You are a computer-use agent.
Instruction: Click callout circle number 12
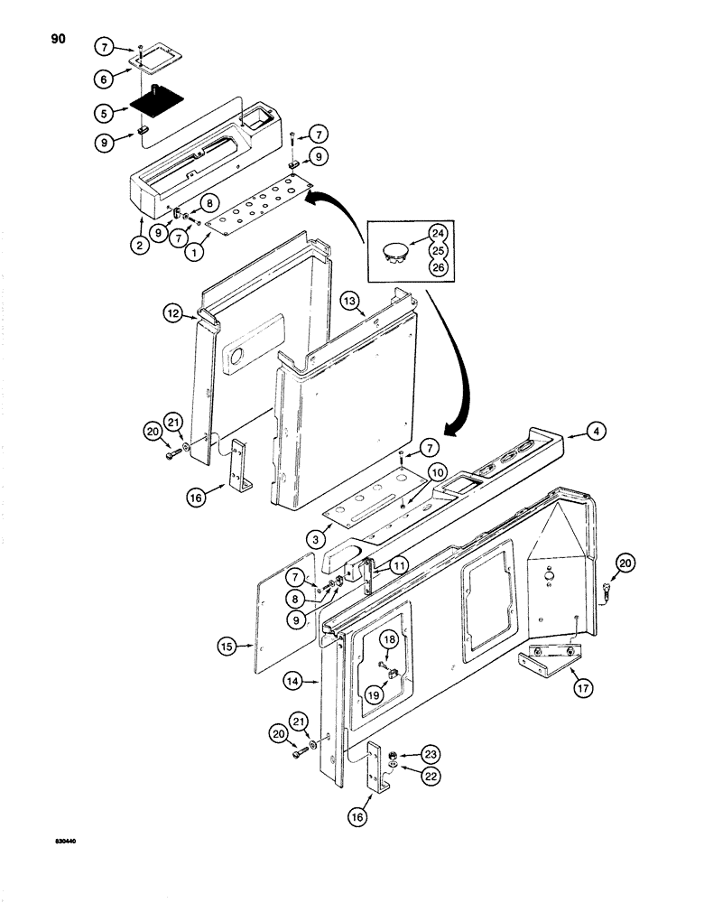[175, 313]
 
